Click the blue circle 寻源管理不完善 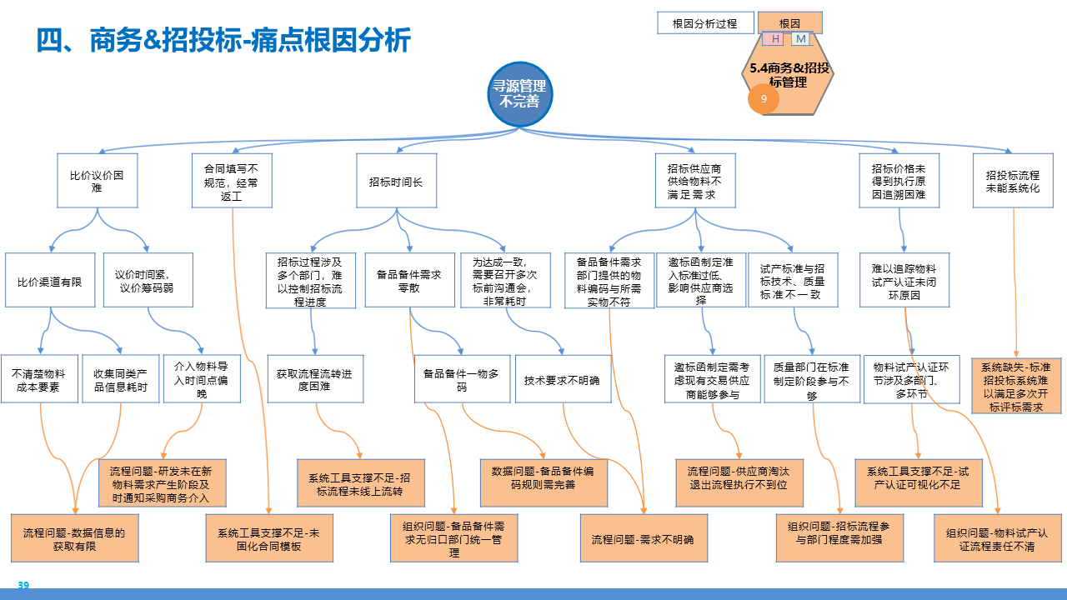(x=521, y=93)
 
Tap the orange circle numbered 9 (x=764, y=99)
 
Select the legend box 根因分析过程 (x=705, y=23)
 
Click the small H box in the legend (x=776, y=39)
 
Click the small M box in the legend (x=801, y=39)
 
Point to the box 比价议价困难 (x=98, y=180)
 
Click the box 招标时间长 (x=396, y=180)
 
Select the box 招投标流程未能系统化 (x=1013, y=180)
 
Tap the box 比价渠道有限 (x=50, y=281)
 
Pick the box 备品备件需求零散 (x=408, y=281)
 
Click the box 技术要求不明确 (x=563, y=380)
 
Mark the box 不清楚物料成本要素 (x=38, y=380)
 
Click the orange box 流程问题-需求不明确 (x=643, y=538)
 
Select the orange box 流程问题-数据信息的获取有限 (x=73, y=538)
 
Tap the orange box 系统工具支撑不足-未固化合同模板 (x=269, y=538)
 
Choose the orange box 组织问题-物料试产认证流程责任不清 (x=997, y=538)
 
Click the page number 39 (x=23, y=586)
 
